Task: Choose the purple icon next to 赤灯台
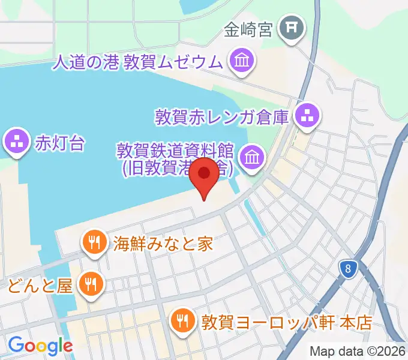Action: (x=16, y=142)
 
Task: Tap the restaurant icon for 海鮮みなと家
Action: (x=94, y=242)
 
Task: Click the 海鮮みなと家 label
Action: (x=163, y=244)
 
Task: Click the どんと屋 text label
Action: (x=40, y=284)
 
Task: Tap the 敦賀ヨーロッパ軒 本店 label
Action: (x=287, y=322)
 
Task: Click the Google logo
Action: (x=41, y=346)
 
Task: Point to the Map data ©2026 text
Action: (x=356, y=351)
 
